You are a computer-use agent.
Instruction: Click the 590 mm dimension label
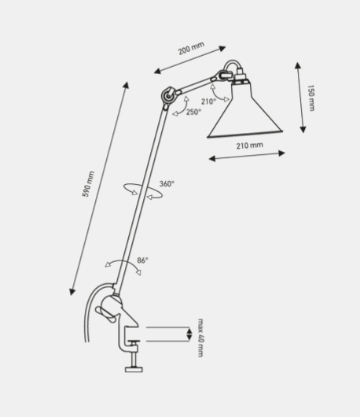click(x=88, y=184)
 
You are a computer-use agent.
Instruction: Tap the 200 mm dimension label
click(x=191, y=48)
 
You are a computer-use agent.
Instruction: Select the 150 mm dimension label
click(x=310, y=98)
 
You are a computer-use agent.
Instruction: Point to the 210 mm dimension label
click(x=250, y=146)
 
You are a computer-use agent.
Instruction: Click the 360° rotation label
click(x=167, y=183)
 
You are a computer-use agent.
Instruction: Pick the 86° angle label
click(x=143, y=260)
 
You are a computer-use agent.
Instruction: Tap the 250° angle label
click(x=193, y=112)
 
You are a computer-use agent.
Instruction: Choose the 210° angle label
click(x=208, y=101)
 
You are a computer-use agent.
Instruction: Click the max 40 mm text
click(x=201, y=338)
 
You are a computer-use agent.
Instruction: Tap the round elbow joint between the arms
click(x=168, y=95)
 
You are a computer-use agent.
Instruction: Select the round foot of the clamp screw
click(x=134, y=369)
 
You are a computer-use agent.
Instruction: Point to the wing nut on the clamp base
click(x=105, y=314)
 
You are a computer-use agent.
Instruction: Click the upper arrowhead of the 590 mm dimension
click(x=127, y=85)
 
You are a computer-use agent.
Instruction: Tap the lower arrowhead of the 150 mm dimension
click(x=303, y=130)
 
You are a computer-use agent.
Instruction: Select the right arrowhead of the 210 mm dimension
click(x=281, y=153)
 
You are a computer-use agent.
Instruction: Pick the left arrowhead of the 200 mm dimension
click(x=157, y=71)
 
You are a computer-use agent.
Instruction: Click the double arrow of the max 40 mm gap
click(x=189, y=334)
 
